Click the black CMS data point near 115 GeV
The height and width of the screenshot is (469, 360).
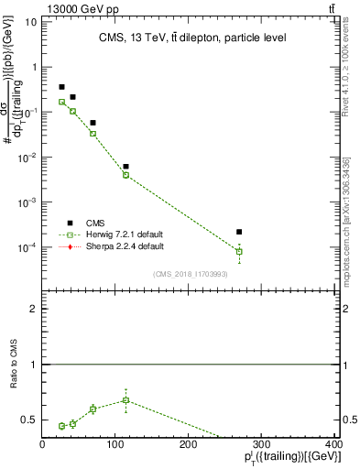pyautogui.click(x=125, y=167)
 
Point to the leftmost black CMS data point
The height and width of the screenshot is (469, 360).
pyautogui.click(x=61, y=87)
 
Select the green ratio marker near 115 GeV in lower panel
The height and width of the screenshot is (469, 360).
pyautogui.click(x=125, y=399)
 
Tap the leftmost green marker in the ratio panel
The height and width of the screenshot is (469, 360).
pyautogui.click(x=61, y=425)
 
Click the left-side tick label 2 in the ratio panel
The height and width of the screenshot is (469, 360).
pyautogui.click(x=34, y=309)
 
